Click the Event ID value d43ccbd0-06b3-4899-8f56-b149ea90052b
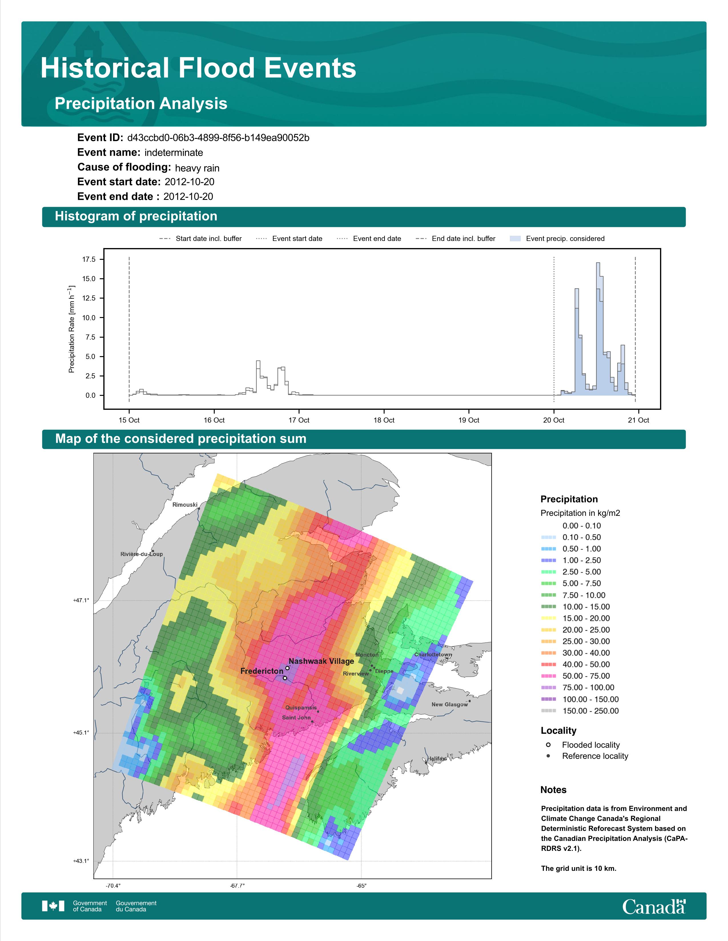point(218,138)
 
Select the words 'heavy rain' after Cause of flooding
point(197,168)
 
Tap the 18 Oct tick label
point(384,420)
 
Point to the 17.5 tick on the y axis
point(89,259)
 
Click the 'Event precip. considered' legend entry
point(557,239)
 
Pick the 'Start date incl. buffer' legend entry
point(200,239)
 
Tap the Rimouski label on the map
point(185,504)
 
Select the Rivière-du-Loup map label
point(141,554)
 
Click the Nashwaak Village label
point(321,661)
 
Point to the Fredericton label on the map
point(262,671)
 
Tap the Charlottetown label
point(433,654)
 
